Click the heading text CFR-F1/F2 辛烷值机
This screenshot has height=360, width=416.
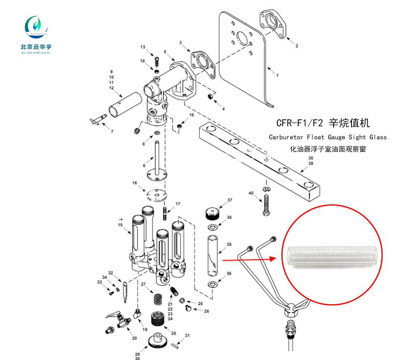(x=323, y=123)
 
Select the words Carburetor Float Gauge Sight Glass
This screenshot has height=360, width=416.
(x=327, y=137)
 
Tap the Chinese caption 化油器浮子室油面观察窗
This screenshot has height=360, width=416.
(x=328, y=149)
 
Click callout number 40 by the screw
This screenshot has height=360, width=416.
(x=251, y=193)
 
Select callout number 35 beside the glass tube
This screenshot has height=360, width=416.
(x=228, y=244)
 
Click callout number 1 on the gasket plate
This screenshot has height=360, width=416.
(x=277, y=76)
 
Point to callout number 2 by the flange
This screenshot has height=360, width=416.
(x=297, y=46)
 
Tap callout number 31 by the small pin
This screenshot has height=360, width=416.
(x=188, y=335)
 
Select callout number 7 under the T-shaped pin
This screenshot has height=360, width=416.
(x=111, y=132)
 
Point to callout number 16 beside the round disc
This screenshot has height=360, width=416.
(x=134, y=183)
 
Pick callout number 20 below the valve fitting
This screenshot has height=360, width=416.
(x=134, y=338)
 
